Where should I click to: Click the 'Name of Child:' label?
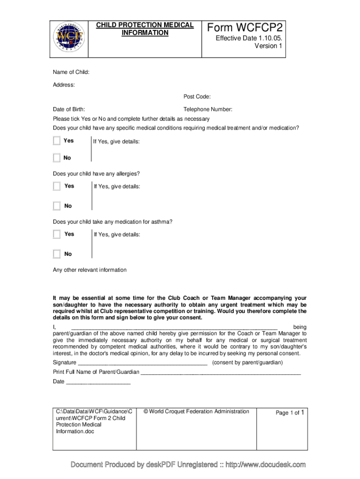click(71, 72)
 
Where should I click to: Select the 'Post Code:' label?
click(197, 97)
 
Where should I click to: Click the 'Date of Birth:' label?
click(69, 109)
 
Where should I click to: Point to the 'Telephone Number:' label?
click(208, 109)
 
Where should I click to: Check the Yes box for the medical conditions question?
click(57, 141)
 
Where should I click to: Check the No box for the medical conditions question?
click(57, 158)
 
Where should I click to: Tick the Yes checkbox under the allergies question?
click(57, 186)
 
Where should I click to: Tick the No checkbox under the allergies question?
click(57, 206)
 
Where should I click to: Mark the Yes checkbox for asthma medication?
click(57, 234)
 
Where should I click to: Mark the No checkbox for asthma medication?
click(57, 254)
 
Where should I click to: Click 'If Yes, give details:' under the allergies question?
click(117, 187)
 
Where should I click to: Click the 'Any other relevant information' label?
click(89, 270)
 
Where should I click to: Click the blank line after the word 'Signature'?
click(142, 363)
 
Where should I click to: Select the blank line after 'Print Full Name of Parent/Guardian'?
click(221, 372)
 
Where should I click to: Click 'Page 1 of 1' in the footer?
click(290, 413)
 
